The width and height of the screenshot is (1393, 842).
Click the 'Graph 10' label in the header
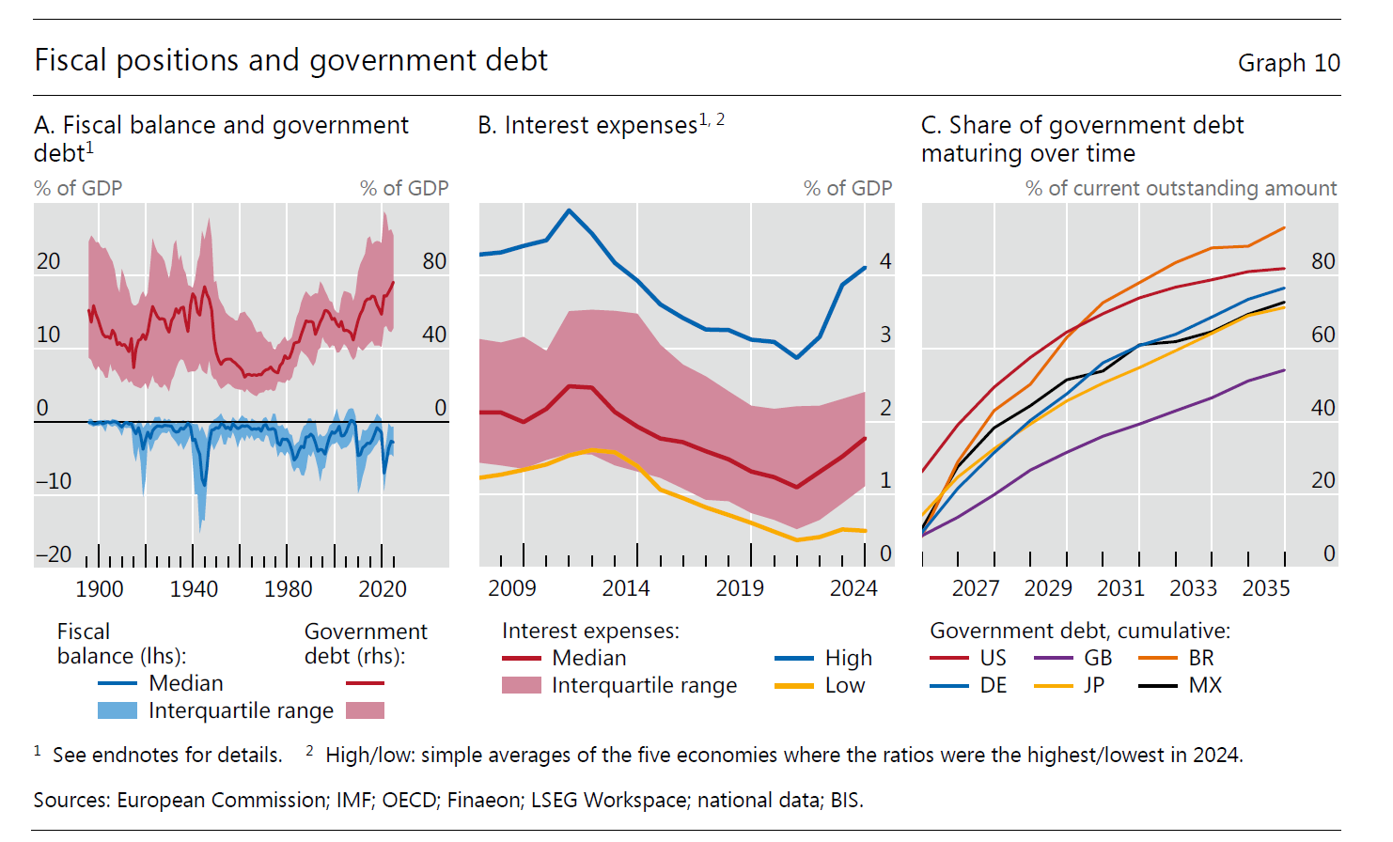[1288, 63]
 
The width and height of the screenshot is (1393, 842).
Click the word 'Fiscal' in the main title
[70, 60]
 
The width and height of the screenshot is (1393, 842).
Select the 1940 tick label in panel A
[194, 589]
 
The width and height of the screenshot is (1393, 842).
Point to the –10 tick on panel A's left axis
[54, 481]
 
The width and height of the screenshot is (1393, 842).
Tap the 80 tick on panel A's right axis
[434, 261]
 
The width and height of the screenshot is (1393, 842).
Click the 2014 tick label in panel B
[626, 588]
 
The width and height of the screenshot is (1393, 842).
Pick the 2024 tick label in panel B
[853, 588]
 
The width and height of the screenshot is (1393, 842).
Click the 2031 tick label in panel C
[1120, 588]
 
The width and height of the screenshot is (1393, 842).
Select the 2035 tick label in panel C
[1266, 588]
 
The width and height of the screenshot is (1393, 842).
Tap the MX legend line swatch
[1157, 686]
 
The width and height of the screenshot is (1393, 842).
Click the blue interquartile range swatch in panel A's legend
[117, 710]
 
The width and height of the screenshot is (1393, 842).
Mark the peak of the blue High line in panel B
[569, 210]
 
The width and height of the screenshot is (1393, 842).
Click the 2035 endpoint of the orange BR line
[1284, 228]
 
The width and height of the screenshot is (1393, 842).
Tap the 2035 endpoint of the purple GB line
[1284, 370]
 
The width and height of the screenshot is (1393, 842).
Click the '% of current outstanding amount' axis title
[1181, 188]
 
